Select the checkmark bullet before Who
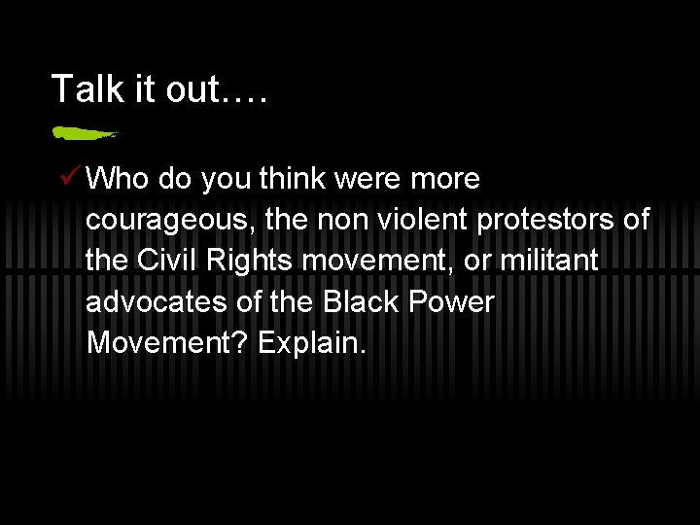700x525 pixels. coord(70,178)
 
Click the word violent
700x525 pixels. coord(425,221)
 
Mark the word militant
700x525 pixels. coord(554,262)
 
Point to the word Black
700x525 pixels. coord(359,302)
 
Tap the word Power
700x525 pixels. coord(451,302)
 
